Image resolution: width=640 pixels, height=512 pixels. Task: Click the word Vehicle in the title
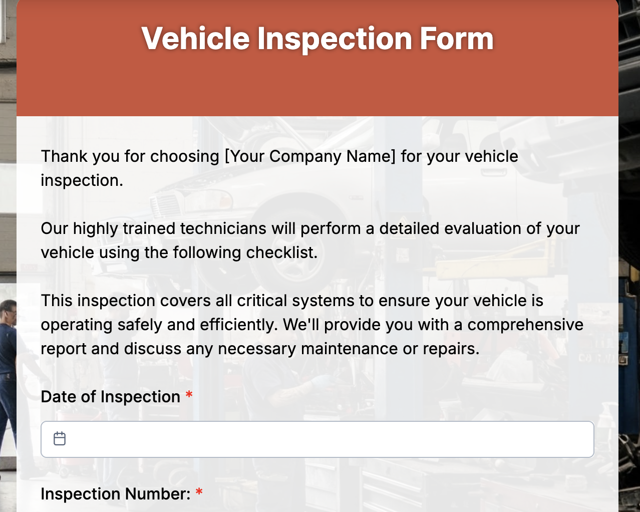195,39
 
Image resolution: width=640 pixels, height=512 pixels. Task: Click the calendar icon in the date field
60,439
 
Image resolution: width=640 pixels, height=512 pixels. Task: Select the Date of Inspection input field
317,439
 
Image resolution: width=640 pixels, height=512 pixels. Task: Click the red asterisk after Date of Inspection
189,395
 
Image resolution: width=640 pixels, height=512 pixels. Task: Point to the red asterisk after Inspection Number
199,492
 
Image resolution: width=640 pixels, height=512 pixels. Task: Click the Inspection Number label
116,494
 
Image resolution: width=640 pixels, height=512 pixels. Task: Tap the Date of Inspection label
110,397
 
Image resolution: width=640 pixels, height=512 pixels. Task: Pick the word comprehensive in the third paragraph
525,325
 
